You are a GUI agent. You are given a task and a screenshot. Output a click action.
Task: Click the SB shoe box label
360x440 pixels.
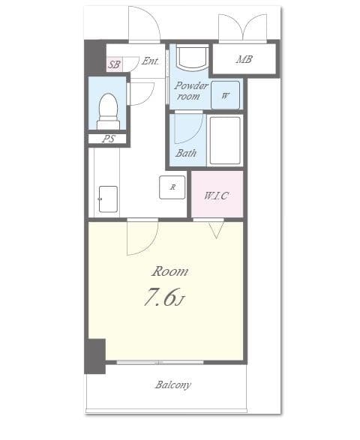point(114,64)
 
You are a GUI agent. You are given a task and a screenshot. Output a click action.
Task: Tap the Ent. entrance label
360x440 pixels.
point(150,62)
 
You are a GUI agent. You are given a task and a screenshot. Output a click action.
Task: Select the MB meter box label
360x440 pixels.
point(244,59)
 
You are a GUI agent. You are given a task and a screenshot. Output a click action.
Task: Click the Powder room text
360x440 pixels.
point(192,91)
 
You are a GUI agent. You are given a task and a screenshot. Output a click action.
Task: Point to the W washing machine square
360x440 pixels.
point(226,95)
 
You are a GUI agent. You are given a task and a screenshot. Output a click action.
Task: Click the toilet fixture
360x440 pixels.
point(109,109)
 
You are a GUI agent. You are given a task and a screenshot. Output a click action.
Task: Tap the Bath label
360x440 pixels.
point(186,154)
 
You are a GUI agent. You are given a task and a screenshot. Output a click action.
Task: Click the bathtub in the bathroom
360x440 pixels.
point(224,139)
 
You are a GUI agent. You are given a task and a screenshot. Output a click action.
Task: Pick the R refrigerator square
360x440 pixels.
point(172,187)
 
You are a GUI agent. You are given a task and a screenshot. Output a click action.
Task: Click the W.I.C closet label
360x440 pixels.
point(216,196)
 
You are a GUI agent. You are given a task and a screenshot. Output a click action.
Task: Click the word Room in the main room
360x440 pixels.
point(170,271)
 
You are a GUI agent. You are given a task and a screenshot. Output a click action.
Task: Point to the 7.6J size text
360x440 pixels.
point(163,298)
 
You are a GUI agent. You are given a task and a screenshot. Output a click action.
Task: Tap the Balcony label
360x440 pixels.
point(173,385)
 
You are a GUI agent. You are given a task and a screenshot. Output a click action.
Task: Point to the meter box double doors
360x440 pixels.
point(242,28)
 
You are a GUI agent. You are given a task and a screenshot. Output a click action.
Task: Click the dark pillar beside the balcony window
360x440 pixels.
point(94,357)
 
